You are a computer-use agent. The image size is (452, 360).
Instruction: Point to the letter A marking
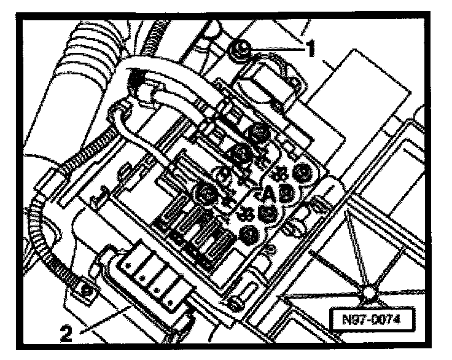tap(268, 195)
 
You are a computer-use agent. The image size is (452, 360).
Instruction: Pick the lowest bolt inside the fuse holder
tap(249, 234)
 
